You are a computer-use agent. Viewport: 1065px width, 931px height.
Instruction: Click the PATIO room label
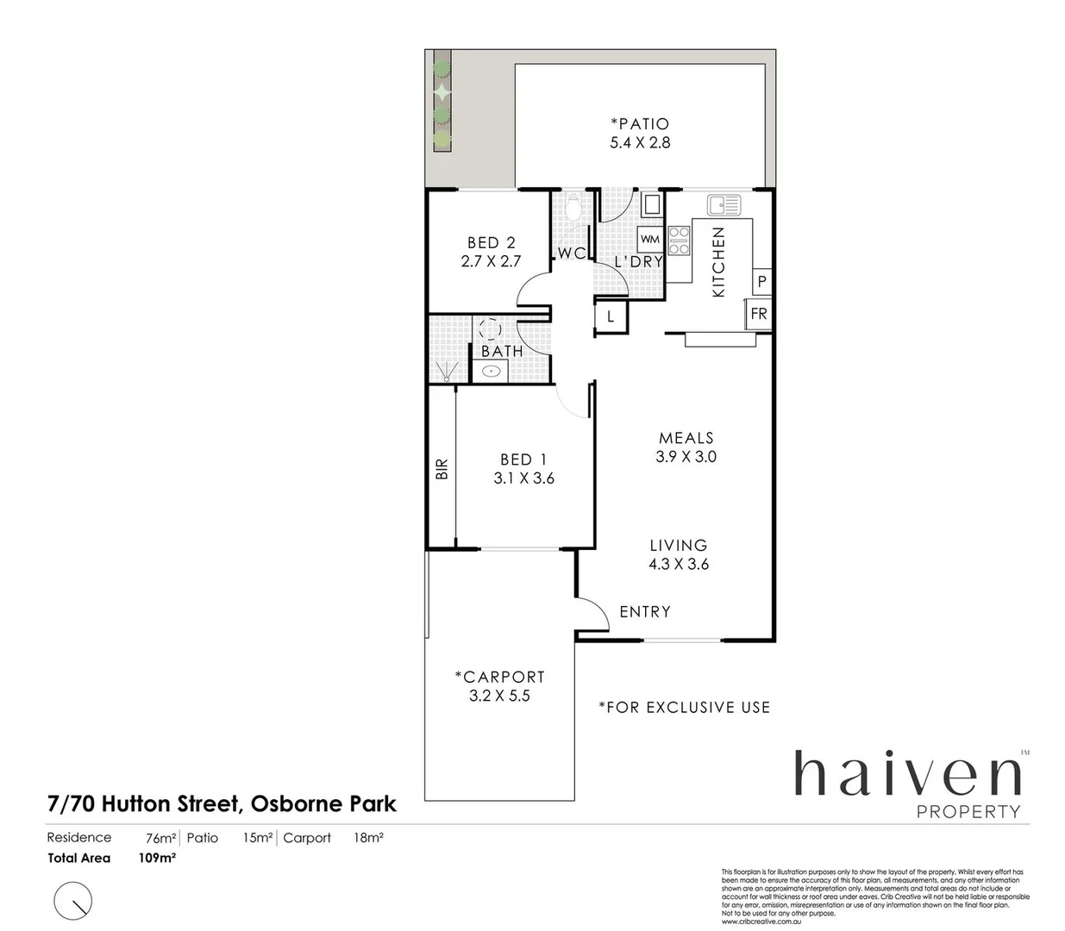click(x=640, y=124)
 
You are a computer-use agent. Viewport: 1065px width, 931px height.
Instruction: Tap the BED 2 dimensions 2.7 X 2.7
click(x=491, y=261)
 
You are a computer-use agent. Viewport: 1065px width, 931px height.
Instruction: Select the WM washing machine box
click(x=649, y=240)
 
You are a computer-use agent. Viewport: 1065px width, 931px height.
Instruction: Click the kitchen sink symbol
click(x=724, y=205)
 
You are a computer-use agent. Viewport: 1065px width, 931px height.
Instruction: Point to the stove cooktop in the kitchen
click(x=679, y=241)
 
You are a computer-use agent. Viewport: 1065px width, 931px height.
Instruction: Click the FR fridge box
click(x=758, y=314)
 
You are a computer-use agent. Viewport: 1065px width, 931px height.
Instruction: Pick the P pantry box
click(x=761, y=282)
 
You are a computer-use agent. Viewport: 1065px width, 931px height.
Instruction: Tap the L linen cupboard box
click(x=611, y=316)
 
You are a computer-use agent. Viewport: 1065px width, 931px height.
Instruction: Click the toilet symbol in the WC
click(x=573, y=206)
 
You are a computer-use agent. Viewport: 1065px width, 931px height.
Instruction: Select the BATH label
click(x=502, y=352)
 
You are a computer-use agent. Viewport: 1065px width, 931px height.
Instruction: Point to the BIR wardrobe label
click(x=442, y=469)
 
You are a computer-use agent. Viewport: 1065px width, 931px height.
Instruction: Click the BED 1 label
click(x=523, y=459)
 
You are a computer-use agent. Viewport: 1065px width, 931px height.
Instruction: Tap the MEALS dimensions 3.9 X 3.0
click(x=686, y=457)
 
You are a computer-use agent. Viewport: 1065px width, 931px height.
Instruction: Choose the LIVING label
click(x=679, y=545)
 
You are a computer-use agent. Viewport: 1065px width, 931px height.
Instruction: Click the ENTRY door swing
click(x=592, y=614)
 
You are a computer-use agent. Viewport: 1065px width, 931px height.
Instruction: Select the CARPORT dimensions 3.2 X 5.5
click(x=499, y=696)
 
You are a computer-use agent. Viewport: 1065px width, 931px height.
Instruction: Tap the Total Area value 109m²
click(x=157, y=858)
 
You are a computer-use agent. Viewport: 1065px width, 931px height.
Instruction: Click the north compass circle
click(x=73, y=901)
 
